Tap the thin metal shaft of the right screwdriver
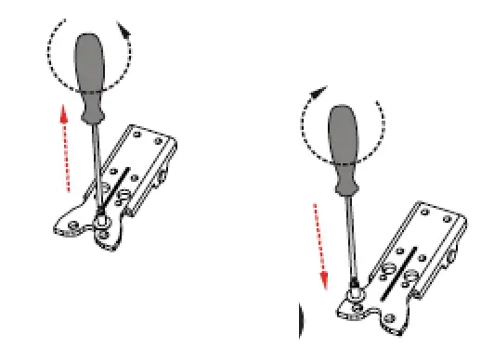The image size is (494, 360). pos(350,236)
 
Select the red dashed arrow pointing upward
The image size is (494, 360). pos(65,148)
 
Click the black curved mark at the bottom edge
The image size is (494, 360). pos(299,325)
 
